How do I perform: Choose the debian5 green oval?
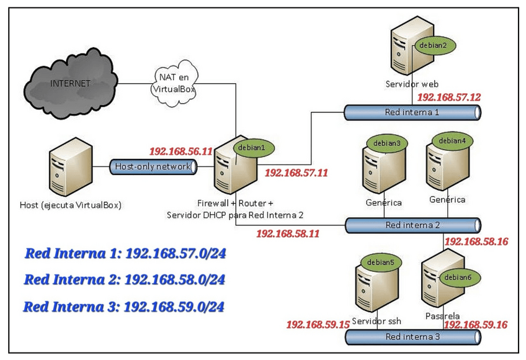point(380,263)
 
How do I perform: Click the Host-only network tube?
point(153,166)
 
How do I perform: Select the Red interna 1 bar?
point(412,112)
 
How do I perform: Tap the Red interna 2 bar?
point(412,225)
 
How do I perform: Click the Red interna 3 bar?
point(412,337)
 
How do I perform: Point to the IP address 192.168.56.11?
point(181,151)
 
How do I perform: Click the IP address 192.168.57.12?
point(448,97)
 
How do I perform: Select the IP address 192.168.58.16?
point(476,241)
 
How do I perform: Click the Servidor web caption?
point(412,84)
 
